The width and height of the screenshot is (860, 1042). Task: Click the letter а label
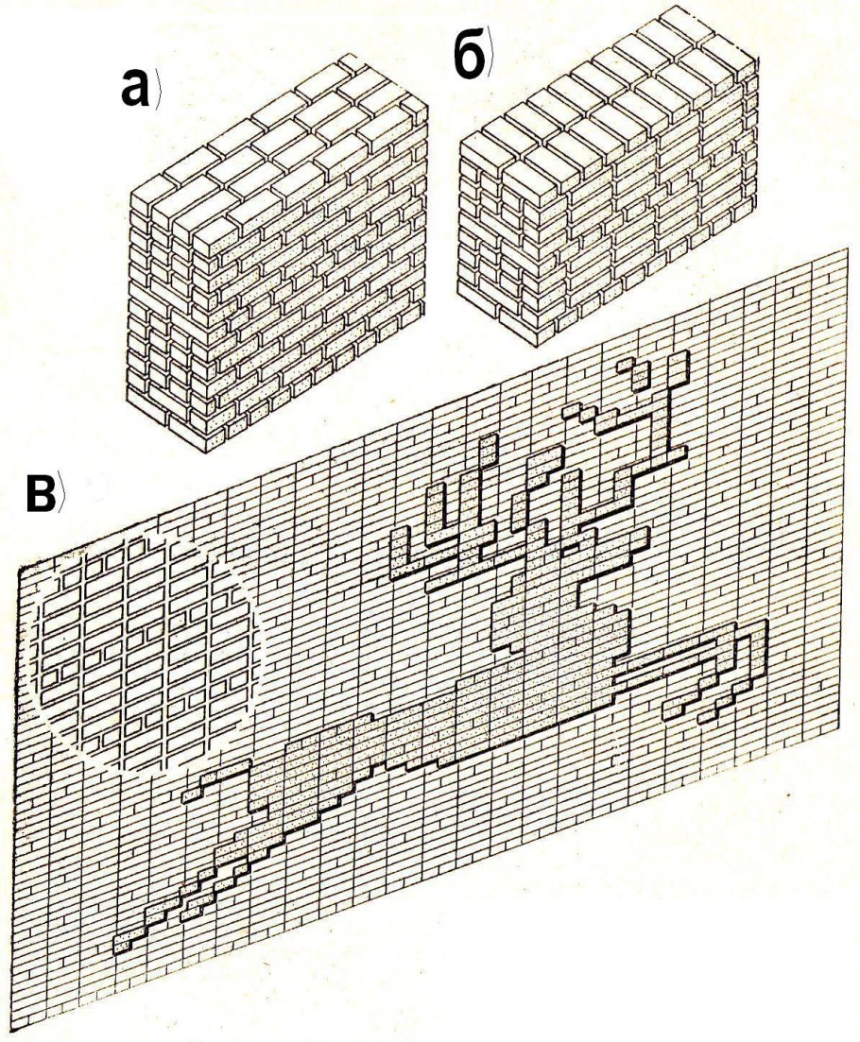point(135,89)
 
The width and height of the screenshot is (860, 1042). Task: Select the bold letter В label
point(42,494)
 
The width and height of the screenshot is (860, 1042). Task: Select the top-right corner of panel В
point(849,249)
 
